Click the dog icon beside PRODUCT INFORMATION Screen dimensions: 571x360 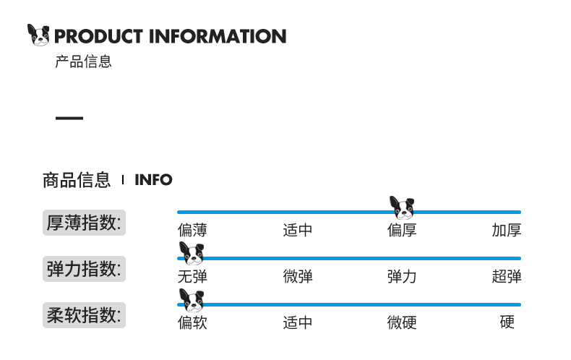point(38,35)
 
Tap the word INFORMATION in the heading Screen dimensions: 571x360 point(218,36)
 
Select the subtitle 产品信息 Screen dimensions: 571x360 point(83,62)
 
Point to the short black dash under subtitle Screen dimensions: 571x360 point(69,118)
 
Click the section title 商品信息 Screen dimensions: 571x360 point(77,179)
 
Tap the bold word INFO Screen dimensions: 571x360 point(153,180)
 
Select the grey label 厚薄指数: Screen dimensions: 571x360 point(84,222)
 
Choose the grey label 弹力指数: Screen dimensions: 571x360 point(84,269)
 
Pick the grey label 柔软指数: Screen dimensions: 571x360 point(84,315)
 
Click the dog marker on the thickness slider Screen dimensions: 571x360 point(403,208)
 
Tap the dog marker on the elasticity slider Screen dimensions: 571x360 point(192,254)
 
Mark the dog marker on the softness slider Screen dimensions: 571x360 point(192,300)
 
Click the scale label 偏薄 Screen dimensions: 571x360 point(192,231)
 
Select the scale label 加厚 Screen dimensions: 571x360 point(507,231)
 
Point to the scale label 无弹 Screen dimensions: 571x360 point(192,276)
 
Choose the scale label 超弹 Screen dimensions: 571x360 point(507,276)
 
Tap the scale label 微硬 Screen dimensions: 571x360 point(402,322)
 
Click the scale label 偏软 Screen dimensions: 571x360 point(192,322)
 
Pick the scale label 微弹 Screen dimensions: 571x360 point(298,276)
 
